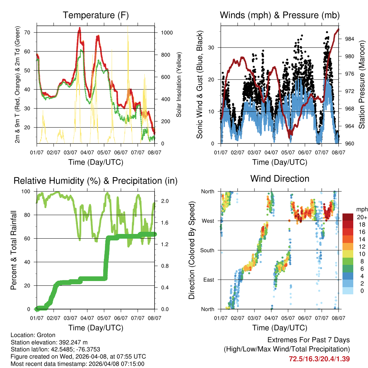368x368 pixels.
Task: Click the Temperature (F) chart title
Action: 96,15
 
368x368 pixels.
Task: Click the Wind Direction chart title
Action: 280,179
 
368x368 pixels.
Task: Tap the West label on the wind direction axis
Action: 208,221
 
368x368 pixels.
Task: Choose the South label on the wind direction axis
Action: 207,250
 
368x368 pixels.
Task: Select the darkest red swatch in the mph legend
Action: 348,217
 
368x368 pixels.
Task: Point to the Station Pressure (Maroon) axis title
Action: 362,85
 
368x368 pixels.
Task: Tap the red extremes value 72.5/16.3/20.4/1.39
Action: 319,359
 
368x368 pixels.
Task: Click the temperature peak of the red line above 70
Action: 80,28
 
